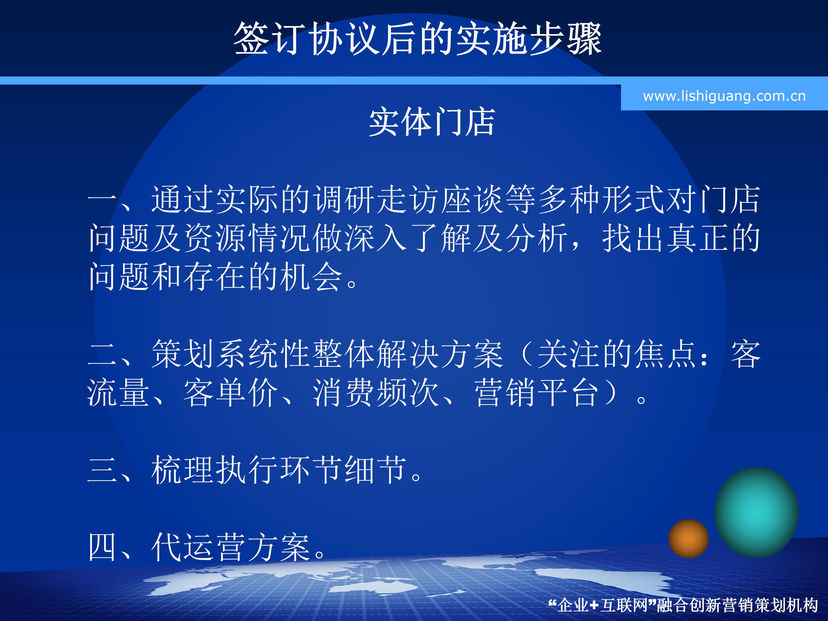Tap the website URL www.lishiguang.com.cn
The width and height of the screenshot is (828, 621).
(724, 96)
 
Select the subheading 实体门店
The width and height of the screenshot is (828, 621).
(432, 122)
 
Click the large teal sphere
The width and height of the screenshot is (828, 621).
(756, 512)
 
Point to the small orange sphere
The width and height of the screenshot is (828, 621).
(688, 538)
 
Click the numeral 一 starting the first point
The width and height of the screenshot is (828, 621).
(102, 200)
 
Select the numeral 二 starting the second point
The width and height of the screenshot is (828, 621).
(102, 354)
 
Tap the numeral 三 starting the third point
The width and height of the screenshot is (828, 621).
(102, 470)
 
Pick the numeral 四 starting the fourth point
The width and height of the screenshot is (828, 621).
(102, 547)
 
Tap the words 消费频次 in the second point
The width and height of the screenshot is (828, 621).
(376, 393)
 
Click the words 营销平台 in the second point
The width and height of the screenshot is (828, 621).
(538, 393)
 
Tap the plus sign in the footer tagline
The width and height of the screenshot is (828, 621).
(594, 605)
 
